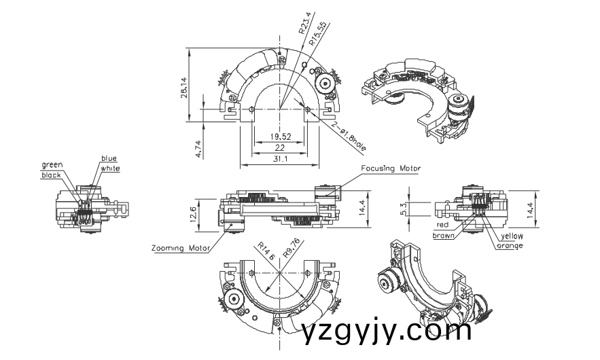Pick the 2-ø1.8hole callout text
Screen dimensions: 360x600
coord(350,136)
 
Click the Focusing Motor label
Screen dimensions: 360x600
coord(391,168)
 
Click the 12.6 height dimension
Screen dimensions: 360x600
coord(194,213)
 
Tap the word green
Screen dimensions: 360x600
coord(52,164)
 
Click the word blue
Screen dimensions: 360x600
coord(109,158)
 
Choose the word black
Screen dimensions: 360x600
coord(51,175)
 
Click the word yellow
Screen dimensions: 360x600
coord(512,236)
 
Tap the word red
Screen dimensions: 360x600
coord(442,226)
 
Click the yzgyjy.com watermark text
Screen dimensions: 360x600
coord(386,331)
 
